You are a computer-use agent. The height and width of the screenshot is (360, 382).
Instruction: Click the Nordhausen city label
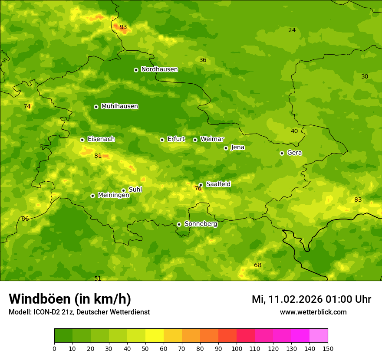pos(159,69)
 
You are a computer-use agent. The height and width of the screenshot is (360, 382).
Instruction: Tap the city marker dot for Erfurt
pos(162,140)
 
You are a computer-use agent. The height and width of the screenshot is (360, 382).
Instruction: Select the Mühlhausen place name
pos(119,106)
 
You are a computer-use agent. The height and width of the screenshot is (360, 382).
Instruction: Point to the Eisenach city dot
pos(82,140)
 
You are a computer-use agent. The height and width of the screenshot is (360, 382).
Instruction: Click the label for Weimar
pos(212,139)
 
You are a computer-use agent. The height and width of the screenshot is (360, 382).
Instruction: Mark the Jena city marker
pos(226,148)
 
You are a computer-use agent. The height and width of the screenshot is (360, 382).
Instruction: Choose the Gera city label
pos(294,153)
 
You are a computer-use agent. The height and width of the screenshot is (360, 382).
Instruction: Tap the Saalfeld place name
pos(218,184)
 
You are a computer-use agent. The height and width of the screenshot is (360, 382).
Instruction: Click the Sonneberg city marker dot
pos(179,224)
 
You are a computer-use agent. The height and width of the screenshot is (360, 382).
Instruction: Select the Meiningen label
pos(113,195)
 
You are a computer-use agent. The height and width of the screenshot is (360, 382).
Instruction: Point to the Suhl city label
pos(135,190)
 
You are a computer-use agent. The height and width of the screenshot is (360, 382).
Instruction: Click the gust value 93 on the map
pos(123,27)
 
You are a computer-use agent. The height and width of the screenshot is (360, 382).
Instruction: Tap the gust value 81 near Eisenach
pos(98,156)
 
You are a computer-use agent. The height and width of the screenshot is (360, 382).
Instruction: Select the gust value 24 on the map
pos(292,30)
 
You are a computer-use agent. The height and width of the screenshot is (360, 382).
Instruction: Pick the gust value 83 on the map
pos(358,200)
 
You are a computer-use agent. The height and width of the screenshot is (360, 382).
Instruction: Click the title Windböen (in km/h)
pos(70,299)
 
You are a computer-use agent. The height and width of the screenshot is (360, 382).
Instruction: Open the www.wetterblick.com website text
pos(313,312)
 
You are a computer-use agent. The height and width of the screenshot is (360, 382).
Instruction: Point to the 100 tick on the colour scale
pos(237,348)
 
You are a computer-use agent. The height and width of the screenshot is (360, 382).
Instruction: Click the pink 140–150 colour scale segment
pos(319,336)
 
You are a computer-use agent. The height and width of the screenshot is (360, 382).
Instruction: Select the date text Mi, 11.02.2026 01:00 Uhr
pos(311,299)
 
